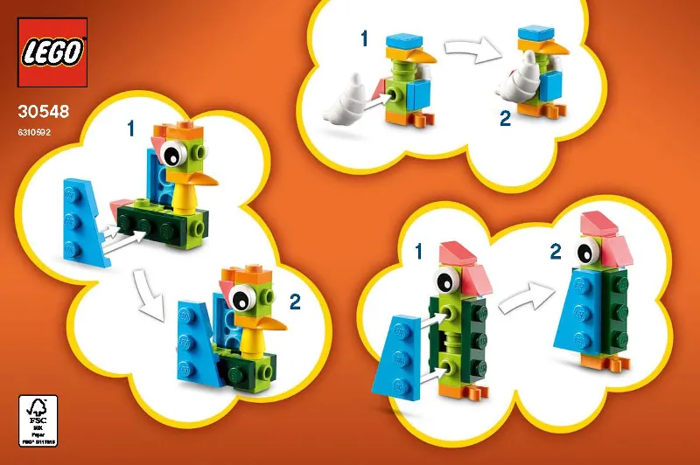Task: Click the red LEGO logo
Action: click(52, 52)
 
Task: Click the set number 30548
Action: click(42, 112)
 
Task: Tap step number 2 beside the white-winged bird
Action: click(505, 119)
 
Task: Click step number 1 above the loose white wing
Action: click(365, 38)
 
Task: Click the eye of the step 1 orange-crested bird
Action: click(171, 156)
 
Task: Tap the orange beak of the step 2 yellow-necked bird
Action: click(269, 323)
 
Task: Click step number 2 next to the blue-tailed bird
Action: click(295, 303)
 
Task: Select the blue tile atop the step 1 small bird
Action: click(403, 42)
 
